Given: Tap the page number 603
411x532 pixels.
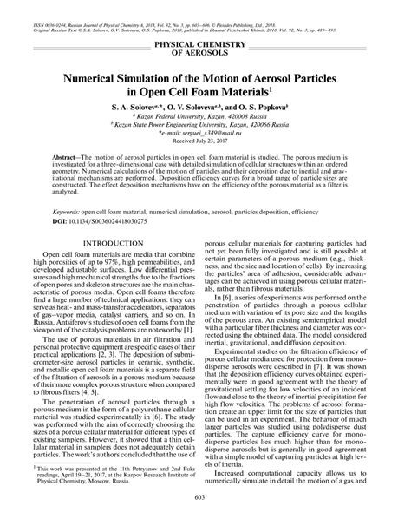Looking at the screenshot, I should [x=205, y=518].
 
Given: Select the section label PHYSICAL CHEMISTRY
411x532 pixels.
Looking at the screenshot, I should [x=205, y=43].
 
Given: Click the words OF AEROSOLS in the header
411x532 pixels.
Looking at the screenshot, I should [x=205, y=52].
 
